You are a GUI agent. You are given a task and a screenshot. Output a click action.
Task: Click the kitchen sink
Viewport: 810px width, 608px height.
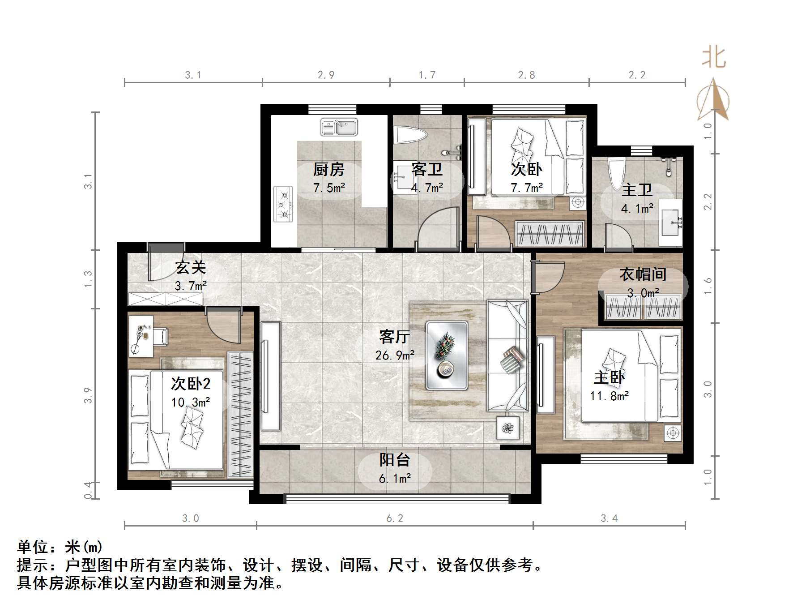click(339, 127)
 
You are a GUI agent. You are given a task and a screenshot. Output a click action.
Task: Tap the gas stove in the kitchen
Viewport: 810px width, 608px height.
click(283, 204)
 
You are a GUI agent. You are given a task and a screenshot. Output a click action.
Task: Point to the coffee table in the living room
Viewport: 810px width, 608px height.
click(447, 355)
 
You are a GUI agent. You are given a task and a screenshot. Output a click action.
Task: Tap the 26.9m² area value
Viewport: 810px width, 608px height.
click(395, 355)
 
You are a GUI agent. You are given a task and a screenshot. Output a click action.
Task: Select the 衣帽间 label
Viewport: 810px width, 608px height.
click(643, 274)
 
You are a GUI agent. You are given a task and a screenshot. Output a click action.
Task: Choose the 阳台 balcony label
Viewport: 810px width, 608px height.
click(395, 460)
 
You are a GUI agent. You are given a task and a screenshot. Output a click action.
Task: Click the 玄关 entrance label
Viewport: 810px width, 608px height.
click(191, 267)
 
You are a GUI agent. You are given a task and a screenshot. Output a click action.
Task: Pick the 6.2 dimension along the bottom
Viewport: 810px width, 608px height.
click(395, 518)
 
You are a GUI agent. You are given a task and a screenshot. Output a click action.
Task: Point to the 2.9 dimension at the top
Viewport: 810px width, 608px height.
click(326, 75)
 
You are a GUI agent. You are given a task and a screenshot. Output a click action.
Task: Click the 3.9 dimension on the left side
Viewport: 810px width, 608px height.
click(88, 395)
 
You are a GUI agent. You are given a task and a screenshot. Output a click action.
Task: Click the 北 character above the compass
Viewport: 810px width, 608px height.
click(713, 58)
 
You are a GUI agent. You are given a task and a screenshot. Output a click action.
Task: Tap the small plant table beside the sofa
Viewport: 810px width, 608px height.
click(508, 428)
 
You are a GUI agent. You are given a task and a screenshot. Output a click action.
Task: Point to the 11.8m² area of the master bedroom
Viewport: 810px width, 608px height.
click(609, 396)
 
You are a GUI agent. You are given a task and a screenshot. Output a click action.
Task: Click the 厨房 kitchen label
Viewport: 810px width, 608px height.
click(329, 169)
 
